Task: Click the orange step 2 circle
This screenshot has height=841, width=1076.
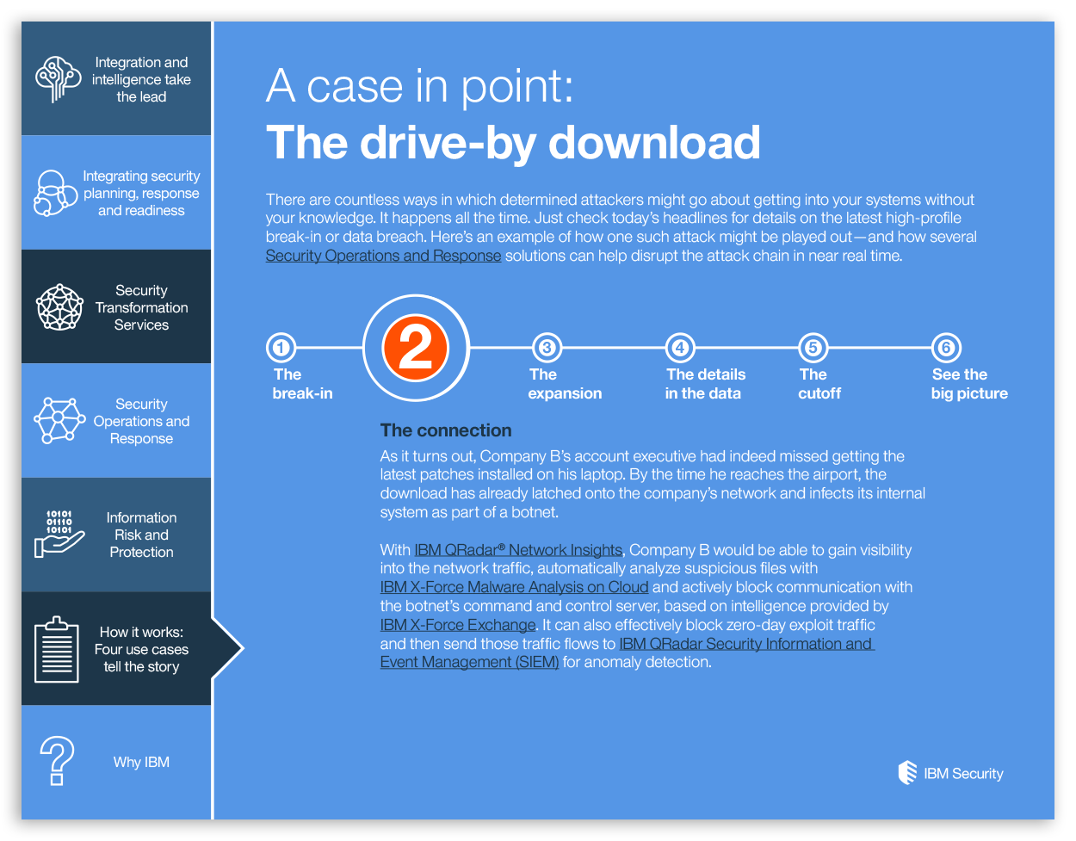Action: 415,348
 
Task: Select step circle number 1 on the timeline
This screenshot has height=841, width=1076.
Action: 281,348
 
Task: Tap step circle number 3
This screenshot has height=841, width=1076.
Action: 547,348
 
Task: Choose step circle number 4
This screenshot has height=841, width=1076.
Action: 680,348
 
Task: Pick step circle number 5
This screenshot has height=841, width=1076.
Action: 813,348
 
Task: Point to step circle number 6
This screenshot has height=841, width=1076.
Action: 946,348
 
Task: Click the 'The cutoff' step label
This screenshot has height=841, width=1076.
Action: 819,384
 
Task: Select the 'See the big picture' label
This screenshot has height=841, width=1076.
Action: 969,384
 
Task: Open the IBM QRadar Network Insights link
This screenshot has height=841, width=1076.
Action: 517,550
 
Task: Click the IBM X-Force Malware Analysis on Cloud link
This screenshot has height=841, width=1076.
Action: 514,587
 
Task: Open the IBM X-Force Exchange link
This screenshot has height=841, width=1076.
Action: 458,625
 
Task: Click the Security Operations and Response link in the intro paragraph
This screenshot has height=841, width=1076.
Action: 383,256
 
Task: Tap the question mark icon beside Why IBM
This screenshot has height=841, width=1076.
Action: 57,760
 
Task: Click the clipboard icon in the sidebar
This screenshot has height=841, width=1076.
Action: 57,649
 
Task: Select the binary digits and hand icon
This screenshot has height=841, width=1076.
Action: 59,534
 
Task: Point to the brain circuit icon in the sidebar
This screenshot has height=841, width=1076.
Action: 58,79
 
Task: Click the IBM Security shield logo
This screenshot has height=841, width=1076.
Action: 906,772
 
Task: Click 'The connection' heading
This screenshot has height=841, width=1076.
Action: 446,430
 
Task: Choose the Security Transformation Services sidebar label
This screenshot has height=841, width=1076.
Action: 141,307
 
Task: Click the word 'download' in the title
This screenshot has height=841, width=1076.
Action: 653,143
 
